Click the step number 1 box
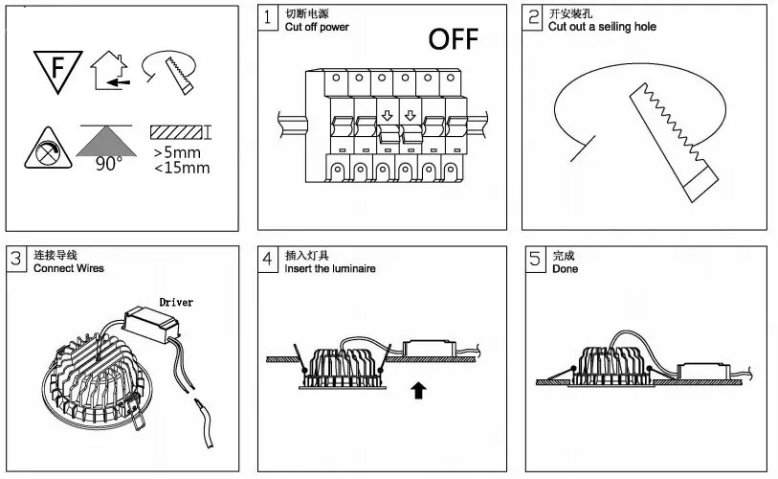click(270, 17)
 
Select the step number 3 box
click(17, 259)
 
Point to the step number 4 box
click(270, 259)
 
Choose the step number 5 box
click(537, 259)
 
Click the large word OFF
click(453, 39)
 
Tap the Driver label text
click(175, 302)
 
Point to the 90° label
click(109, 164)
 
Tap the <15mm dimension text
click(181, 169)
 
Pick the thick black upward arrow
click(418, 390)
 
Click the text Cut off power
click(317, 27)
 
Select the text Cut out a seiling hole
click(602, 27)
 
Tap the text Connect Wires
click(69, 268)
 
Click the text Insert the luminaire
click(330, 268)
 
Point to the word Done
click(565, 268)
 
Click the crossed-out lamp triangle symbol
click(46, 148)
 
